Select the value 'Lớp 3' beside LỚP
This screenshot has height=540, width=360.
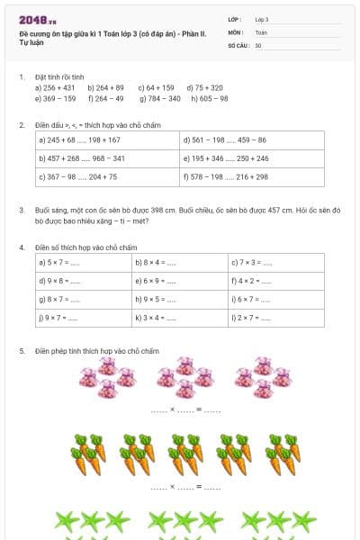pyautogui.click(x=261, y=19)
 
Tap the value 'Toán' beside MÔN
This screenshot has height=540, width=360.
pyautogui.click(x=261, y=31)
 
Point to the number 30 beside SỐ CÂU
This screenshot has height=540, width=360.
pyautogui.click(x=258, y=44)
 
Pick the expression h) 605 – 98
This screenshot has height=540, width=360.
pyautogui.click(x=210, y=99)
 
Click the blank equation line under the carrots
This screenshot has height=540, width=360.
pyautogui.click(x=185, y=487)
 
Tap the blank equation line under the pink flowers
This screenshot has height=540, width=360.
pyautogui.click(x=185, y=410)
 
